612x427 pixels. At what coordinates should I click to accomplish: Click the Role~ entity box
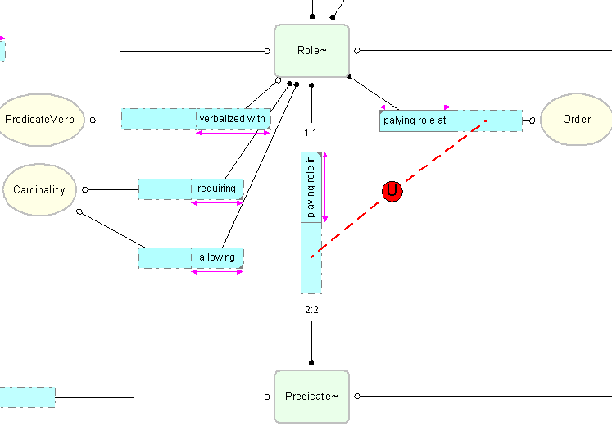311,51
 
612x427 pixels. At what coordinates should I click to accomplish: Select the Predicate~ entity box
311,397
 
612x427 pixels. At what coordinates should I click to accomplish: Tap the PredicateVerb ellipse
40,120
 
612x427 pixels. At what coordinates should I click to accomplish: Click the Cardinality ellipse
39,190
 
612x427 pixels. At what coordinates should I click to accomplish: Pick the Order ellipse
577,120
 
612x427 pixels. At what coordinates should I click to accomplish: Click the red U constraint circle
392,192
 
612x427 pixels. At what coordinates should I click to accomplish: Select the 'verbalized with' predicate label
233,119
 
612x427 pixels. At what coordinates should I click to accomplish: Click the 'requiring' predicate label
217,189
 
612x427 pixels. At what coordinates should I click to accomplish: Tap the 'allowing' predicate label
217,257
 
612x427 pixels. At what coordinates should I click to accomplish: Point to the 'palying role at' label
415,120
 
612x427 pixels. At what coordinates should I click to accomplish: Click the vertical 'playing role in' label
311,187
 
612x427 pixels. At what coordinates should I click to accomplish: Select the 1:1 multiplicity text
311,132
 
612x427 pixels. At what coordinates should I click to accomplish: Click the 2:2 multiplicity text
311,309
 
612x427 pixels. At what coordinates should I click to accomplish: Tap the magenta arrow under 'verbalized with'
233,134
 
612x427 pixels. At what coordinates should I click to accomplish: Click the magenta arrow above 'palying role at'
415,107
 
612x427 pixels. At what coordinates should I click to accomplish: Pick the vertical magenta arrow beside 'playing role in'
324,187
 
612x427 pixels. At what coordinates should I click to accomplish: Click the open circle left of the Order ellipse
533,120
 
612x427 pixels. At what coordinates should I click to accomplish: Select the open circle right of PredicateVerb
93,120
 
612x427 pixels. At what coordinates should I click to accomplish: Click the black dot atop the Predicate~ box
311,362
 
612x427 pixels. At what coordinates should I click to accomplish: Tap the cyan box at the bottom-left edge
27,397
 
